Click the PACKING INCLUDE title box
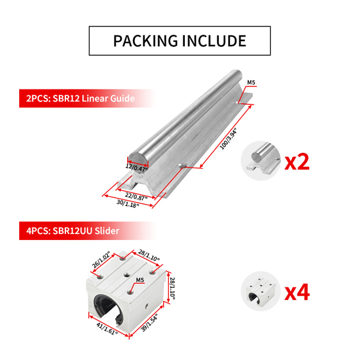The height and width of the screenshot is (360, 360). coord(180,41)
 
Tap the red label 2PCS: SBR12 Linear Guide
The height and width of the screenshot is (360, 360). coord(77,98)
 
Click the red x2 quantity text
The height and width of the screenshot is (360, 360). coord(296,161)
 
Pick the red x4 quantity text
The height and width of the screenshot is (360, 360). coord(296,292)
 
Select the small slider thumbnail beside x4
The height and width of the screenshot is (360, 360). coord(260,292)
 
